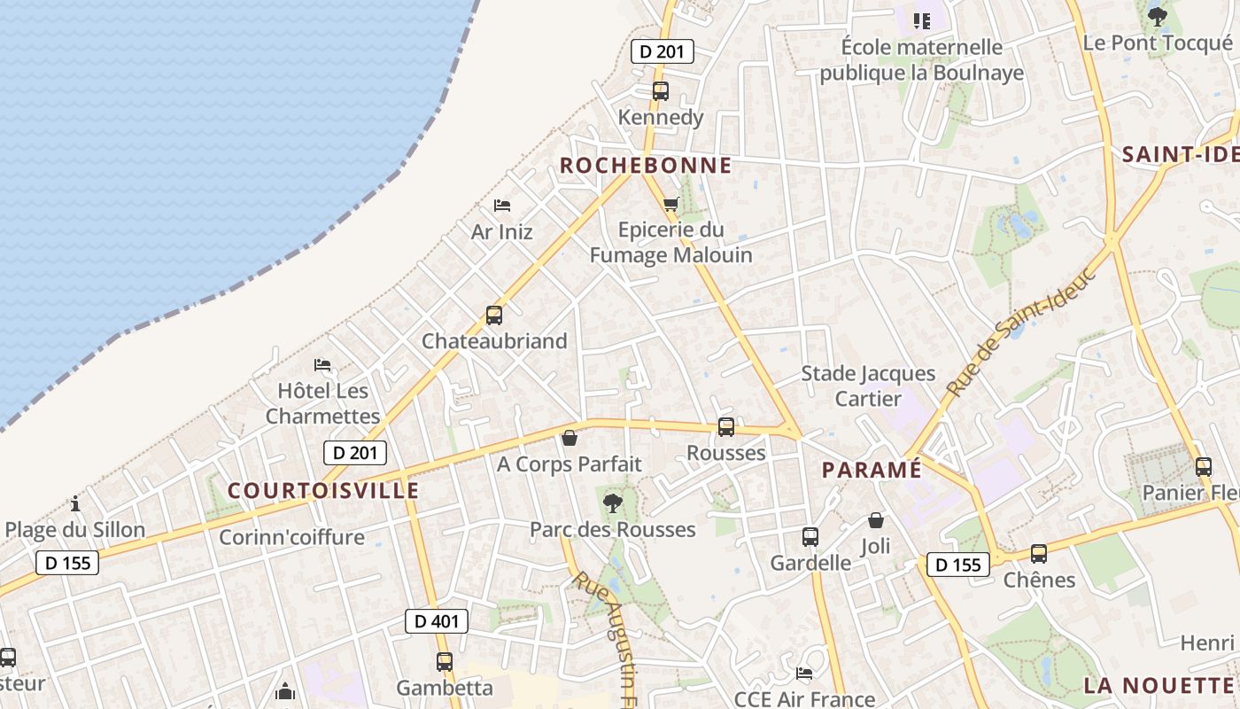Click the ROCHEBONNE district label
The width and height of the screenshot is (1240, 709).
click(646, 166)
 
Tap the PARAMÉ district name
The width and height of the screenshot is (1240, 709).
click(872, 470)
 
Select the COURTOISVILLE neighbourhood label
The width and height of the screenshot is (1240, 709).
click(323, 490)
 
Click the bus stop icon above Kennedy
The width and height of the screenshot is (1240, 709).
click(660, 90)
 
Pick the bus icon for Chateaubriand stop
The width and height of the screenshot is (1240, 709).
click(493, 315)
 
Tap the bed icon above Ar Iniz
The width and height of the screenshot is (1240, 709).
click(502, 206)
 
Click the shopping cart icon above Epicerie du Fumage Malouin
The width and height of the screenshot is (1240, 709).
click(671, 204)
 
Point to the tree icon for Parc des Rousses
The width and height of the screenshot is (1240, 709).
click(611, 503)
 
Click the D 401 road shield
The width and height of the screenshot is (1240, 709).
click(437, 621)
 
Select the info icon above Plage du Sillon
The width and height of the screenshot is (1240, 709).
click(75, 504)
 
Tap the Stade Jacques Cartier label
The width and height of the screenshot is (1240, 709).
click(868, 386)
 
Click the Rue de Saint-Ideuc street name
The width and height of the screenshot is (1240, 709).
click(1020, 331)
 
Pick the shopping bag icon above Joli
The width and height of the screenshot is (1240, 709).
click(876, 520)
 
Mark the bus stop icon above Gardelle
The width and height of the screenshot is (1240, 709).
click(810, 536)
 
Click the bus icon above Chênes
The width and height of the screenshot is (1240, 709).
click(1038, 554)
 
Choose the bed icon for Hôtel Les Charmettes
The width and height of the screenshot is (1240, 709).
click(322, 365)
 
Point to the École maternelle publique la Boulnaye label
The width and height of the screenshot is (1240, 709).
click(921, 59)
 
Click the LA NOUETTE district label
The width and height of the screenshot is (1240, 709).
click(1159, 685)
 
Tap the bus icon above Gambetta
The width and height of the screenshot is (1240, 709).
click(445, 661)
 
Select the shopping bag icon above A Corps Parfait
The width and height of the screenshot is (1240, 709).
click(569, 438)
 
